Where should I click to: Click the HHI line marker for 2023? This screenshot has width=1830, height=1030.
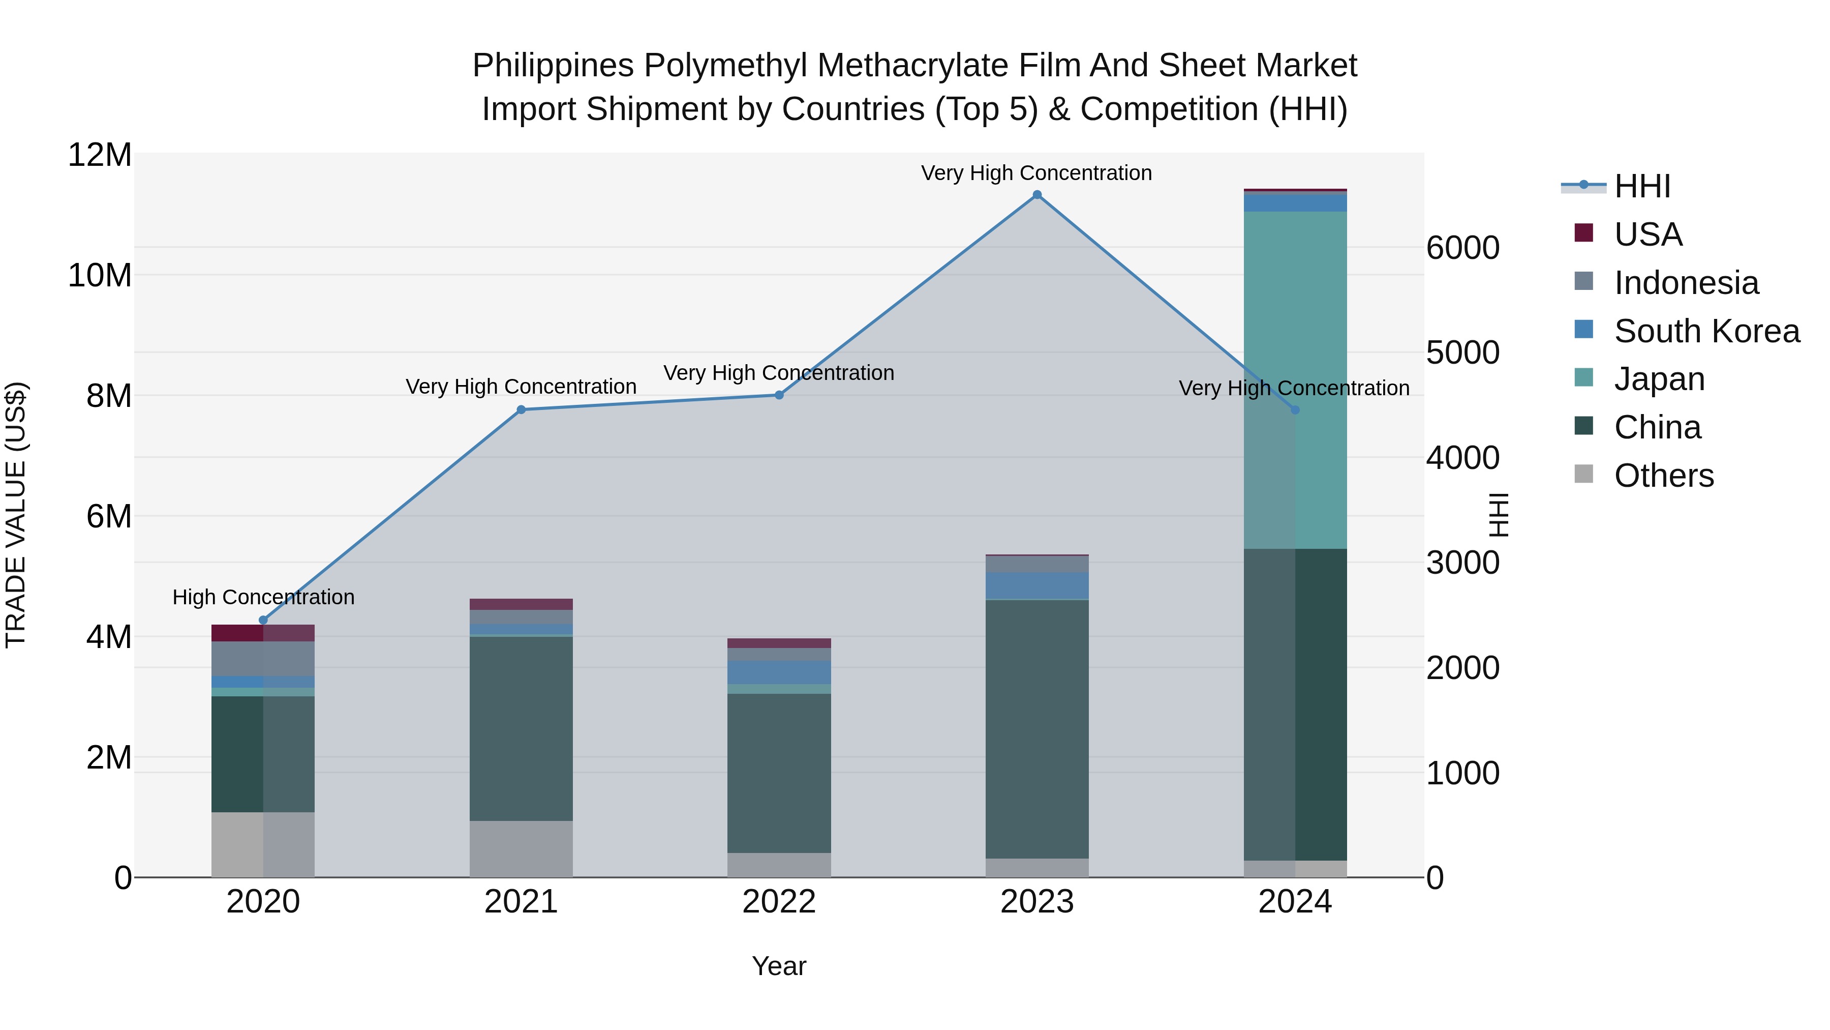[x=1036, y=195]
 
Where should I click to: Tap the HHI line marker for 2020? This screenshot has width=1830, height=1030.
[x=263, y=620]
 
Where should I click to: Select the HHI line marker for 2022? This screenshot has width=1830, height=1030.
[x=779, y=395]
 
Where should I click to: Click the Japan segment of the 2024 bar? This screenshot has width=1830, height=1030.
[x=1295, y=380]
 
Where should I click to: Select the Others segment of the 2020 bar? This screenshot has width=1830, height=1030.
[x=263, y=844]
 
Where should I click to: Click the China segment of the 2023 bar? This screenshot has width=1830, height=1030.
[x=1036, y=728]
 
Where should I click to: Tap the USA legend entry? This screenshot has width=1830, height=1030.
[x=1648, y=234]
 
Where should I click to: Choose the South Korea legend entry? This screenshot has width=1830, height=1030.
[x=1706, y=331]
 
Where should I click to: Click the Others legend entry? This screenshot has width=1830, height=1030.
[x=1663, y=476]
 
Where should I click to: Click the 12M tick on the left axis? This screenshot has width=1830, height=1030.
[x=100, y=155]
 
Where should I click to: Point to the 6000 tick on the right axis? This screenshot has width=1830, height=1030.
[x=1462, y=248]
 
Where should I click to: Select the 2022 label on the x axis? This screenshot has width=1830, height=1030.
[x=779, y=902]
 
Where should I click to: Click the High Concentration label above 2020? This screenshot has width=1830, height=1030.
[x=263, y=597]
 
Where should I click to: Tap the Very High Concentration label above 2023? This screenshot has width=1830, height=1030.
[x=1036, y=173]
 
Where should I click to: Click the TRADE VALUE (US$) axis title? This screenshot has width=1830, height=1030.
[x=16, y=515]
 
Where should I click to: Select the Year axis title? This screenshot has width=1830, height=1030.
[x=779, y=966]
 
